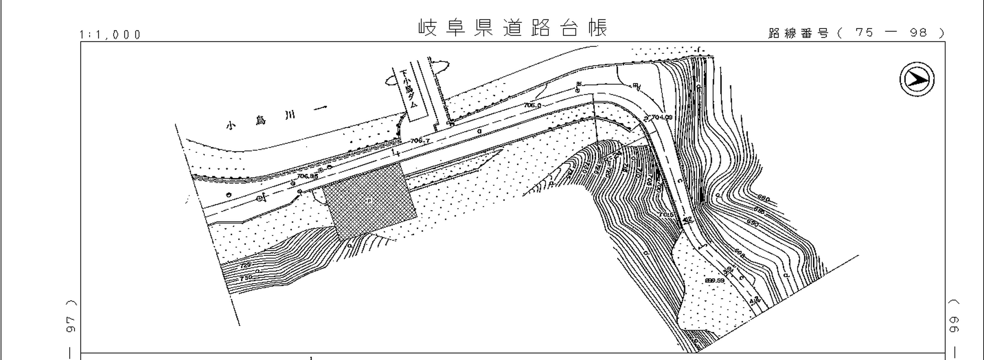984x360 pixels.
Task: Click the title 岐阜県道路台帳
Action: click(x=513, y=27)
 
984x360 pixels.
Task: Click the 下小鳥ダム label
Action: click(x=409, y=89)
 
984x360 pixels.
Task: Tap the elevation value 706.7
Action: click(x=420, y=141)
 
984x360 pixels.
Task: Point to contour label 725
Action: click(x=246, y=265)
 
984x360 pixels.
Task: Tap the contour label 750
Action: click(x=246, y=278)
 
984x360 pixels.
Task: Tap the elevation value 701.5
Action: click(x=666, y=215)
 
